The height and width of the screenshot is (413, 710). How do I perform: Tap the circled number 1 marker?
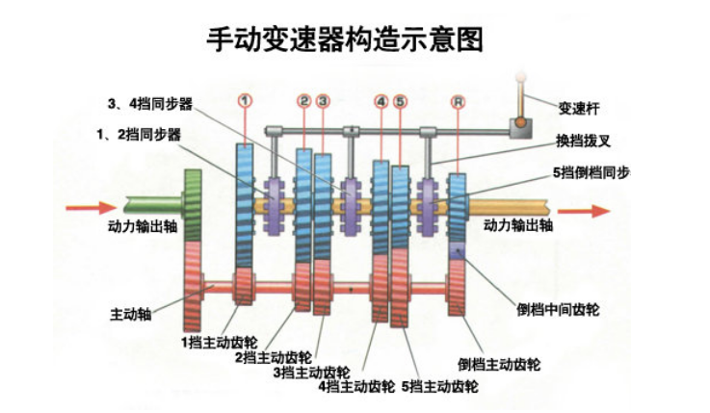click(x=246, y=100)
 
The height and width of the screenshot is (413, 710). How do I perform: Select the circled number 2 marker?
click(x=304, y=100)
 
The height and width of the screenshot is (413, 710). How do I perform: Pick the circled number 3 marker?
click(x=323, y=100)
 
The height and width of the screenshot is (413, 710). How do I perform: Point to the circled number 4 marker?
click(x=382, y=100)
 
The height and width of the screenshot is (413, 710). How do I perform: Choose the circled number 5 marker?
click(x=401, y=100)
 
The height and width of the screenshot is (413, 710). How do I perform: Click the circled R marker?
click(x=458, y=100)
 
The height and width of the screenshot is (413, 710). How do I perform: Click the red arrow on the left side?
click(x=88, y=205)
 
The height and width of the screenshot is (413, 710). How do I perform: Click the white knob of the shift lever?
click(x=521, y=75)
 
